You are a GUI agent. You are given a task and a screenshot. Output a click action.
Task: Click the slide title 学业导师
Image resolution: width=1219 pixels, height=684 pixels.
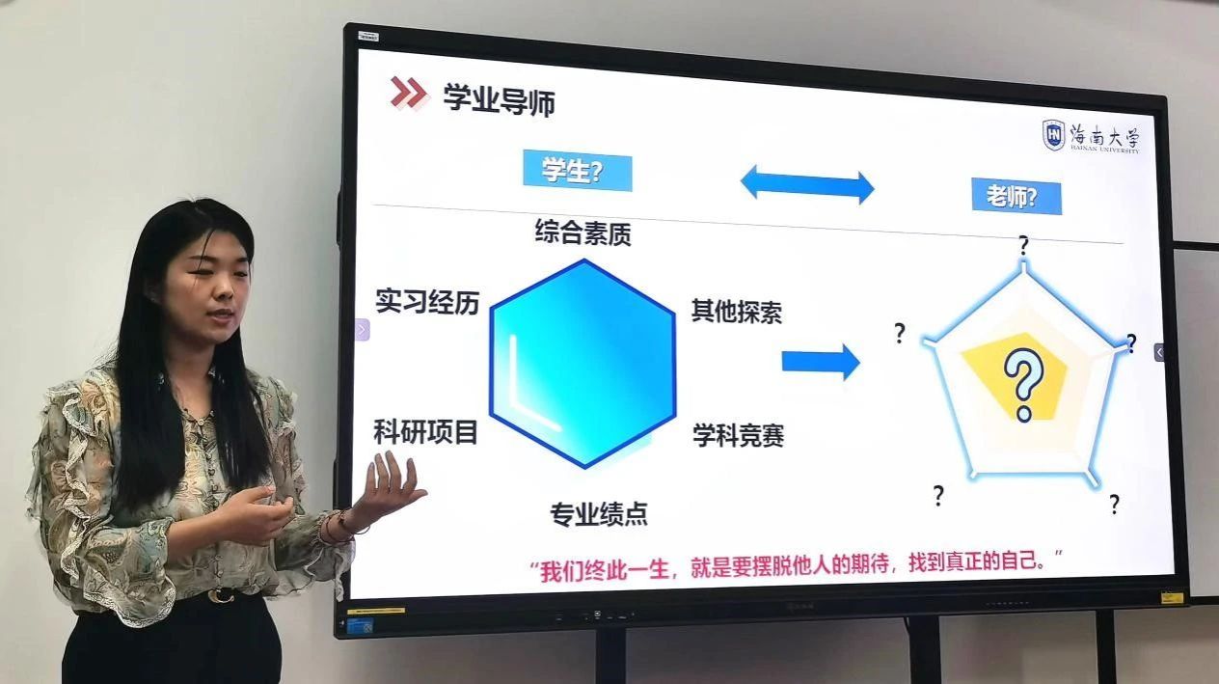click(499, 99)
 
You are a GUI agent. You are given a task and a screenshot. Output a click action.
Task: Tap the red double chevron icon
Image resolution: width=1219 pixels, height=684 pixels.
click(409, 93)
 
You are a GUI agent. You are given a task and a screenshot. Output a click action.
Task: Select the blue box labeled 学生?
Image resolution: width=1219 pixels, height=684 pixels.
click(577, 172)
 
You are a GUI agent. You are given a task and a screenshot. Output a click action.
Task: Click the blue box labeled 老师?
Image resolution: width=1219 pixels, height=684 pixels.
click(1016, 197)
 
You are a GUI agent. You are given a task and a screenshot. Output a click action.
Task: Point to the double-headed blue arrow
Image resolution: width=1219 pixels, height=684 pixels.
click(806, 184)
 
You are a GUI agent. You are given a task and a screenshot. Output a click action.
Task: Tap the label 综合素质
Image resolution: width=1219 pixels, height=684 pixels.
click(583, 233)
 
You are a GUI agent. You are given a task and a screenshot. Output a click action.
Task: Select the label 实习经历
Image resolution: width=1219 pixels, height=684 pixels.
click(427, 302)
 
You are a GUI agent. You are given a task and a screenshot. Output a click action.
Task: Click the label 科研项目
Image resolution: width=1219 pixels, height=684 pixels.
click(425, 432)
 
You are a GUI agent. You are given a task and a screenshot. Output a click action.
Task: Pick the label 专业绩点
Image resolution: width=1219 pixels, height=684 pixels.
click(598, 513)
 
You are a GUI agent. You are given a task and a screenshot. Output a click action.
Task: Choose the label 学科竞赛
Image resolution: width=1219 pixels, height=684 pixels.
click(738, 435)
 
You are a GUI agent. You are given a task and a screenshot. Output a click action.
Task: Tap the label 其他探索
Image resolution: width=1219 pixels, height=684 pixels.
click(736, 311)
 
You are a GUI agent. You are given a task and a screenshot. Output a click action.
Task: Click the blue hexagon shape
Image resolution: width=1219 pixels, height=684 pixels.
click(582, 363)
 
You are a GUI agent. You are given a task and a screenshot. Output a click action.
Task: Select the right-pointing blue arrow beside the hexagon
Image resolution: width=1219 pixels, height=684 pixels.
click(820, 362)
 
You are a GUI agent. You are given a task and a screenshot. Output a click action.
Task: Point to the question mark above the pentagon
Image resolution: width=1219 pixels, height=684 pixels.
click(1023, 245)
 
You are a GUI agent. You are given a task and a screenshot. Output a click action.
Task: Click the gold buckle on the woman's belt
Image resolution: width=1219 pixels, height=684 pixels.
click(221, 594)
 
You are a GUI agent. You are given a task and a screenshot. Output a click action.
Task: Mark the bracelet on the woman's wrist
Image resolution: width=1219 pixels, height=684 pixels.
click(339, 526)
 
